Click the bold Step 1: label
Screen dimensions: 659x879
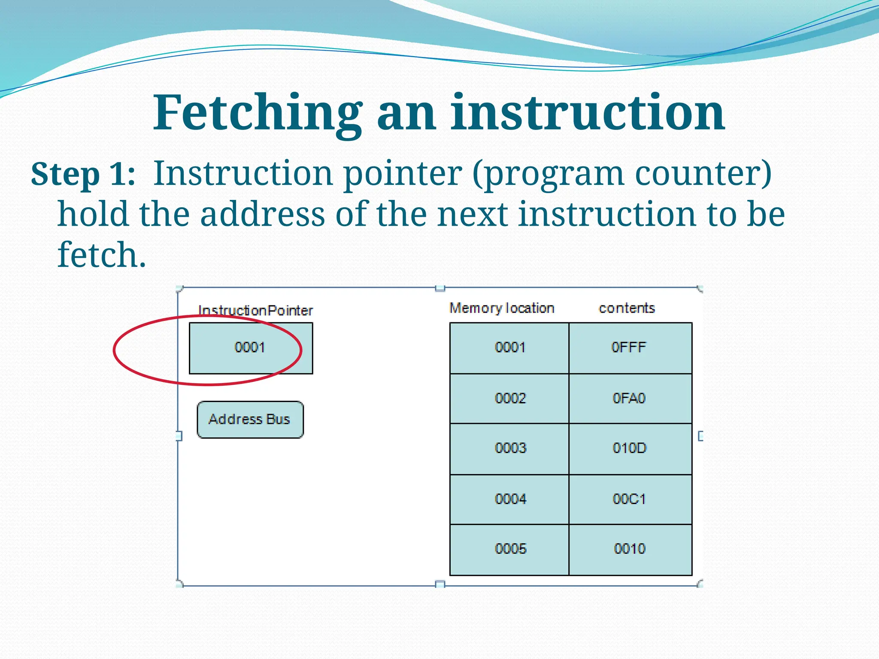pos(83,174)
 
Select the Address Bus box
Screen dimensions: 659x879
pos(250,419)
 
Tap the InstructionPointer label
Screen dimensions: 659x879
pos(255,310)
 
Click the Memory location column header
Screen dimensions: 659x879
pos(502,308)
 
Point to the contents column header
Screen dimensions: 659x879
pos(627,308)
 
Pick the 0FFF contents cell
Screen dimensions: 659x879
pos(629,348)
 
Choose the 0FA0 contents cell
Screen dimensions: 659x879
pos(629,399)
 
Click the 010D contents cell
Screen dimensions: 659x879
pos(629,448)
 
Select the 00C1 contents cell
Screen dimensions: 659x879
pos(629,499)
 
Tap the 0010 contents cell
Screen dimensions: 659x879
pos(629,549)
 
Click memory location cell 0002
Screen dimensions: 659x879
pos(510,399)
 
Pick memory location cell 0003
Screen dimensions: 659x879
pos(510,448)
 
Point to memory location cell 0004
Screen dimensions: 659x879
pos(510,499)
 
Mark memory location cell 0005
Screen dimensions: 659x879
pos(510,549)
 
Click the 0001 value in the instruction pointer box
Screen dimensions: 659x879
pos(250,347)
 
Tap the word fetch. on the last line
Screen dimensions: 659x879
pos(102,255)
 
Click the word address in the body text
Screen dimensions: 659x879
pos(262,214)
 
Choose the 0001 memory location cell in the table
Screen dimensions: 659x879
pos(510,348)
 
